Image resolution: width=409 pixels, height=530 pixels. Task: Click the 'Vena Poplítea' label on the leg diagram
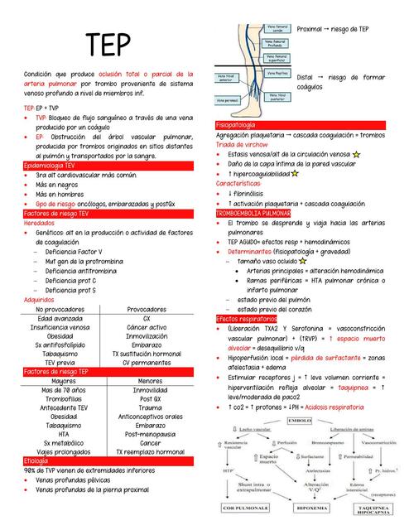coord(277,73)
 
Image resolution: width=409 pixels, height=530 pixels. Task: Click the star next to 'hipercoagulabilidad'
coord(295,174)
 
